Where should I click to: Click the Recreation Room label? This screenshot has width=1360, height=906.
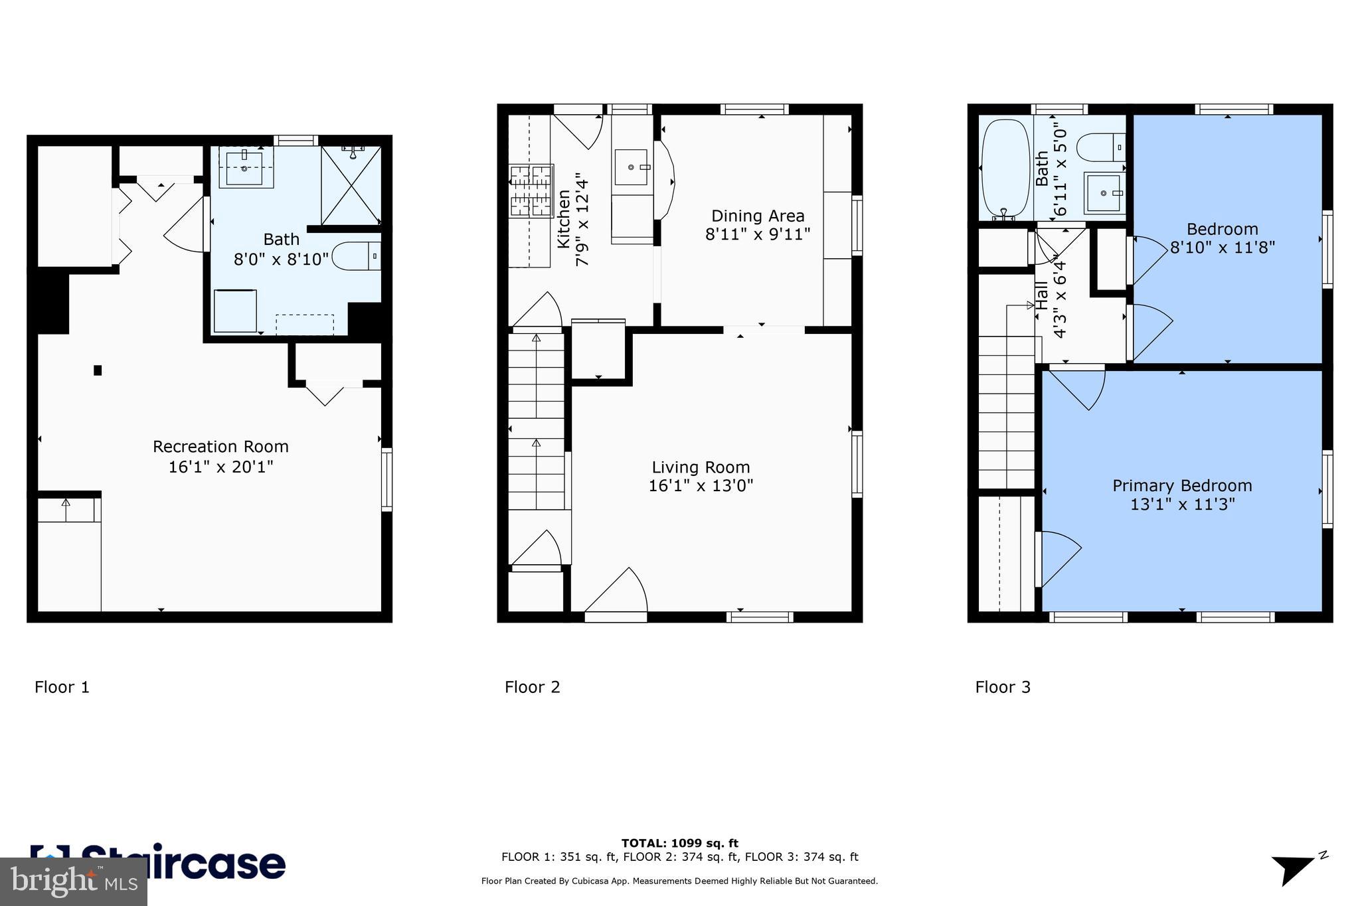pos(220,447)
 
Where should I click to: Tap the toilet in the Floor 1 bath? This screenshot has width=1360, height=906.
pos(355,256)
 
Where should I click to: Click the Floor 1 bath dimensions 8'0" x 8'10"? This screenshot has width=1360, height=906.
pos(281,259)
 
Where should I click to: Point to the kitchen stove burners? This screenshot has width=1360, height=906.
pos(531,191)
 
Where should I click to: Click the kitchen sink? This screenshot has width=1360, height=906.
pos(632,167)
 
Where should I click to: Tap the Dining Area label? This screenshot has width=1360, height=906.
pos(758,216)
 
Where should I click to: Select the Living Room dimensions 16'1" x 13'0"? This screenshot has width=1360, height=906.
pos(701,486)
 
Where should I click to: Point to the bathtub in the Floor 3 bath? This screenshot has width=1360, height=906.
pos(1005,169)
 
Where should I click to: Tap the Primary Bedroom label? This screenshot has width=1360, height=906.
pos(1182,486)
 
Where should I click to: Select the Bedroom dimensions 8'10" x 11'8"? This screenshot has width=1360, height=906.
pos(1222,248)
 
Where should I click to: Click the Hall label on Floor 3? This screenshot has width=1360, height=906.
pos(1041,295)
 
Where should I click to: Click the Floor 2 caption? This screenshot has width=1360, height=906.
pos(532,687)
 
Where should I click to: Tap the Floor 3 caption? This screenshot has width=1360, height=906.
pos(1002,687)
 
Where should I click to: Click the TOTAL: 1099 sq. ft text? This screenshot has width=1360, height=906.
pos(679,844)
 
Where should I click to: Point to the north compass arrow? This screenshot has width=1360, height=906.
pos(1292,869)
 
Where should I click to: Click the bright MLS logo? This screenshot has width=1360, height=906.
pos(73,881)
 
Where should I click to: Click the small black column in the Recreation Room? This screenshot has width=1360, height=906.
pos(98,370)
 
